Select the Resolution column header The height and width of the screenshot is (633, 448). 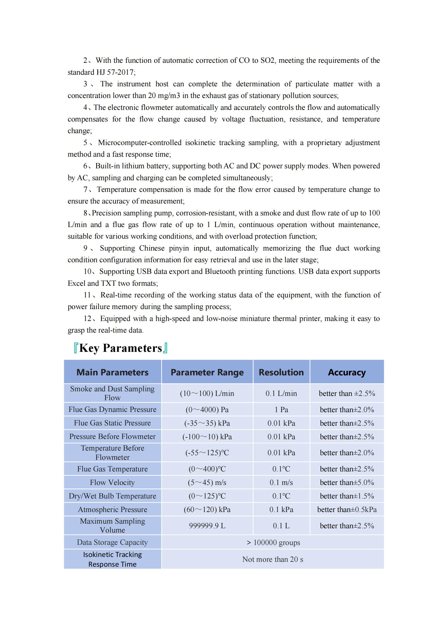[x=281, y=372]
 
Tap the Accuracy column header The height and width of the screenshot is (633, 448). [x=347, y=372]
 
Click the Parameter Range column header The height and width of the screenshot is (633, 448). [x=207, y=372]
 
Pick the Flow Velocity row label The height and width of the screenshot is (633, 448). [x=112, y=482]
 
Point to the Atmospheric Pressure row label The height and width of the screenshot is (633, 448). [x=112, y=509]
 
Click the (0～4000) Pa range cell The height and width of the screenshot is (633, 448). [x=207, y=409]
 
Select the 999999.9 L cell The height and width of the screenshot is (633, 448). [x=207, y=526]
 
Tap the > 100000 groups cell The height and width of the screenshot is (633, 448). [x=272, y=542]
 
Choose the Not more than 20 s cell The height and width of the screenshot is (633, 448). [x=272, y=559]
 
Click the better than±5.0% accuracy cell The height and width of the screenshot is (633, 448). [x=347, y=482]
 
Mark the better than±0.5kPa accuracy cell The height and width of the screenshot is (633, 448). [x=347, y=509]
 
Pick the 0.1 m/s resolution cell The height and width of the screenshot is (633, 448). [x=281, y=482]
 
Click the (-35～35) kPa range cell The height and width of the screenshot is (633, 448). [x=207, y=423]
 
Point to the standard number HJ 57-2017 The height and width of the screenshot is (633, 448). [x=115, y=72]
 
